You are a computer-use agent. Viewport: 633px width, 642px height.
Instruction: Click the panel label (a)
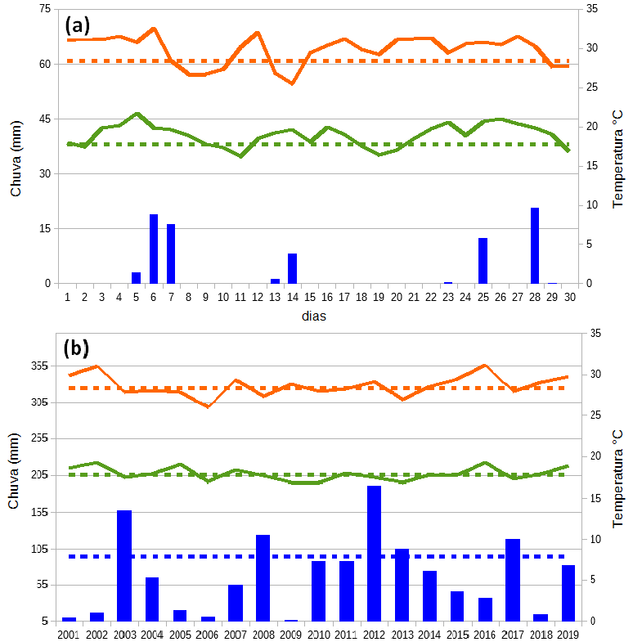(77, 26)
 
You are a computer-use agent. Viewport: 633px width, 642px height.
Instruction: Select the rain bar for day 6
(154, 249)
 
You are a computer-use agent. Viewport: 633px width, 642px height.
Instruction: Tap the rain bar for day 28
(535, 245)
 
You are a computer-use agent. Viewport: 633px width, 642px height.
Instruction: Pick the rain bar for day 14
(292, 268)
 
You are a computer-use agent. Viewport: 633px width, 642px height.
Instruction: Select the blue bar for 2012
(374, 553)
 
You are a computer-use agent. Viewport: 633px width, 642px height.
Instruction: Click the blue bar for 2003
(124, 565)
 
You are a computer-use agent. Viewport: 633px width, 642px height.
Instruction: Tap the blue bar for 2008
(263, 577)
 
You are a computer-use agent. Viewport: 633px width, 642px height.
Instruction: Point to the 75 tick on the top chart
(44, 10)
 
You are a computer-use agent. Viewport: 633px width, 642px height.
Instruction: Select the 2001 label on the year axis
(69, 634)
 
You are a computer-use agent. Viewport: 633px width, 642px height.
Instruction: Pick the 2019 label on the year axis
(568, 634)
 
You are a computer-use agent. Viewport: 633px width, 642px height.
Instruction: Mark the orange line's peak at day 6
(154, 29)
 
